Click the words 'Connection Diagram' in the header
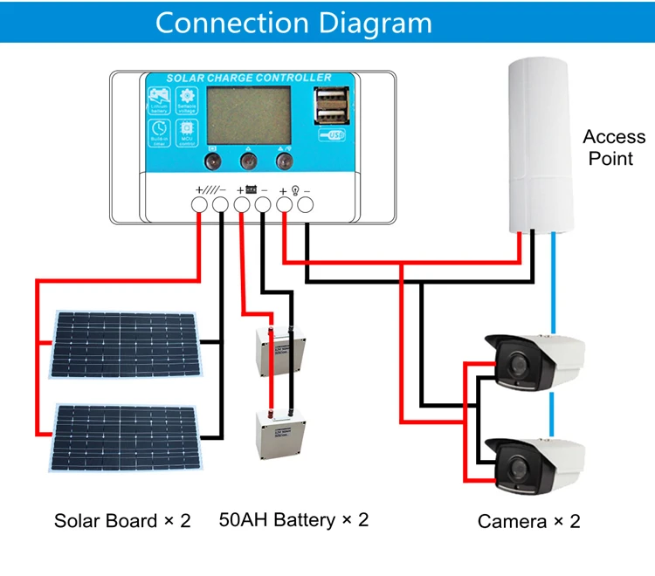click(293, 22)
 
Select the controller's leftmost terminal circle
click(199, 205)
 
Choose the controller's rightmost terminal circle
click(306, 205)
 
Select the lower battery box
click(279, 435)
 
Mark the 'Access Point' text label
click(614, 147)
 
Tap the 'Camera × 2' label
click(528, 522)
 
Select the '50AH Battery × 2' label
click(293, 520)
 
